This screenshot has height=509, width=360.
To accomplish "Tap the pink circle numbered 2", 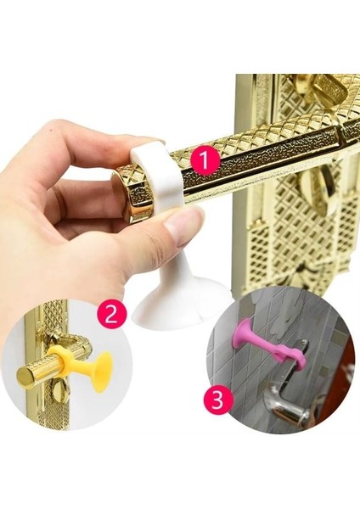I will pos(111,315).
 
